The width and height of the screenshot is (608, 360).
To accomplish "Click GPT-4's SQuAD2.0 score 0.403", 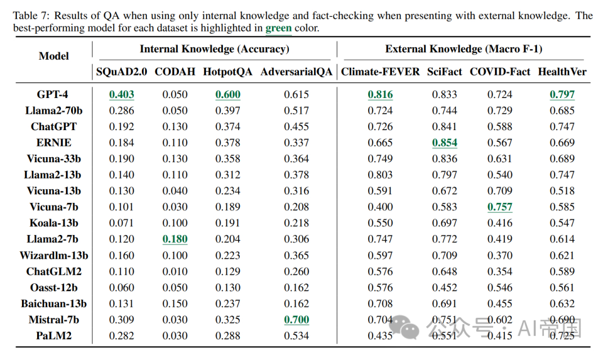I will click(x=122, y=95).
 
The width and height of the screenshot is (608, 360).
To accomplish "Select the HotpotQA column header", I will click(x=228, y=72).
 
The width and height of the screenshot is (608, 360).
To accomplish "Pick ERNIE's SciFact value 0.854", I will click(x=444, y=143).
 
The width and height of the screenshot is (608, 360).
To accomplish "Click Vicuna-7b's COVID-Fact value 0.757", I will click(x=500, y=207).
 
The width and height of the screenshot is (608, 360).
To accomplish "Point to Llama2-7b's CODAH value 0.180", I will click(x=175, y=239).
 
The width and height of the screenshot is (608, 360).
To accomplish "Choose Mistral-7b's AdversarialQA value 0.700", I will click(x=296, y=319).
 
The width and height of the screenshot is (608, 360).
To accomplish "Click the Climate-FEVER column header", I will click(x=380, y=72).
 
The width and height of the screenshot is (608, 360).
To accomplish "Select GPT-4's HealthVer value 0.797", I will click(x=562, y=95).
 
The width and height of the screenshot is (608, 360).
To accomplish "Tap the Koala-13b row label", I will click(x=53, y=223).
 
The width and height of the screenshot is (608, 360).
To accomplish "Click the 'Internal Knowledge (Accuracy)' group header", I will click(x=214, y=49).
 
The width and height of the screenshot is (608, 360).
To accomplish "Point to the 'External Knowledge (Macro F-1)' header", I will click(x=463, y=49).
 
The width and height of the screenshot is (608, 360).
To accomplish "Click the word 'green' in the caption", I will click(x=278, y=28).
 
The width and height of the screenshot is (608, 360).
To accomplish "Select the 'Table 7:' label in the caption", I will click(x=32, y=15).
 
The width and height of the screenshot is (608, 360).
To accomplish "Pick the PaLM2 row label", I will click(x=53, y=336).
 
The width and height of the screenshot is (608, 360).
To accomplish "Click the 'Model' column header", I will click(x=53, y=56).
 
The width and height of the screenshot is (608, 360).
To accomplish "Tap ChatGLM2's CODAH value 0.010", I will click(x=175, y=272).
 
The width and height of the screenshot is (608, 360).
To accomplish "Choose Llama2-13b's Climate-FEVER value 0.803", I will click(x=380, y=175).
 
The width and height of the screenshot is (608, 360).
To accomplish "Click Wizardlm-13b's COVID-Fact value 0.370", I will click(x=500, y=255).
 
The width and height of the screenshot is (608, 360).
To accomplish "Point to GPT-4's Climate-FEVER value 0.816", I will click(x=380, y=95).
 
